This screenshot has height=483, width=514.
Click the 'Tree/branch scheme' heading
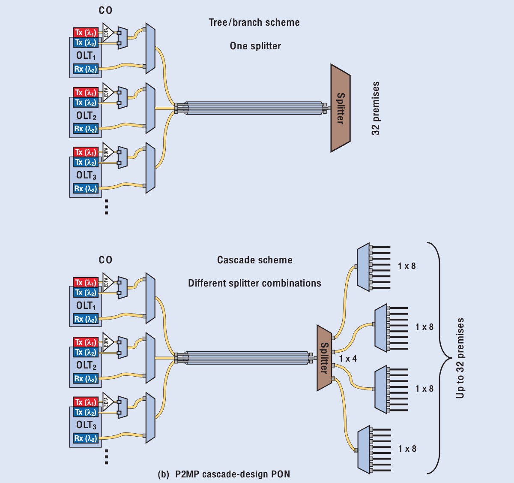pyautogui.click(x=254, y=23)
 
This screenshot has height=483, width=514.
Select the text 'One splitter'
pyautogui.click(x=255, y=46)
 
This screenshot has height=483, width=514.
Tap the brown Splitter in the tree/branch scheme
pyautogui.click(x=341, y=108)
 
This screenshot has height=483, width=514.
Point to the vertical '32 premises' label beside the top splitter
pyautogui.click(x=376, y=109)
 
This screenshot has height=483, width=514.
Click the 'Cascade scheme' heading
pyautogui.click(x=254, y=260)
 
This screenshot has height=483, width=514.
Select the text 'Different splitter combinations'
pyautogui.click(x=254, y=283)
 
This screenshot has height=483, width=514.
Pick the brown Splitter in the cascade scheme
pyautogui.click(x=324, y=358)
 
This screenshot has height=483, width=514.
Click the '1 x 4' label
pyautogui.click(x=348, y=359)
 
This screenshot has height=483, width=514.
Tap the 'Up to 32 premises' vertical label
pyautogui.click(x=460, y=358)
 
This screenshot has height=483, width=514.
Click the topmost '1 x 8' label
pyautogui.click(x=406, y=266)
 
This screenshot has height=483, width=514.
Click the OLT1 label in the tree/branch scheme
pyautogui.click(x=86, y=56)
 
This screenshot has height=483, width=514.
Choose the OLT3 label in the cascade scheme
pyautogui.click(x=86, y=425)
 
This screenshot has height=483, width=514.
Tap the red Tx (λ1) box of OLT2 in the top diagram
pyautogui.click(x=86, y=93)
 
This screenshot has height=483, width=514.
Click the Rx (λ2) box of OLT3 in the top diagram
pyautogui.click(x=86, y=189)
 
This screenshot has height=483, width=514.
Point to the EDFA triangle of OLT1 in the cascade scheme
pyautogui.click(x=107, y=282)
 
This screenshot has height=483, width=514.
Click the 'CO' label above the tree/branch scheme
pyautogui.click(x=105, y=10)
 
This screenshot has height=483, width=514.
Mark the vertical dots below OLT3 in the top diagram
pyautogui.click(x=106, y=207)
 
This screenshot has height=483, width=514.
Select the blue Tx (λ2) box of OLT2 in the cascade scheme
pyautogui.click(x=86, y=352)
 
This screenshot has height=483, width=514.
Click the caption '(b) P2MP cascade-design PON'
pyautogui.click(x=224, y=474)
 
